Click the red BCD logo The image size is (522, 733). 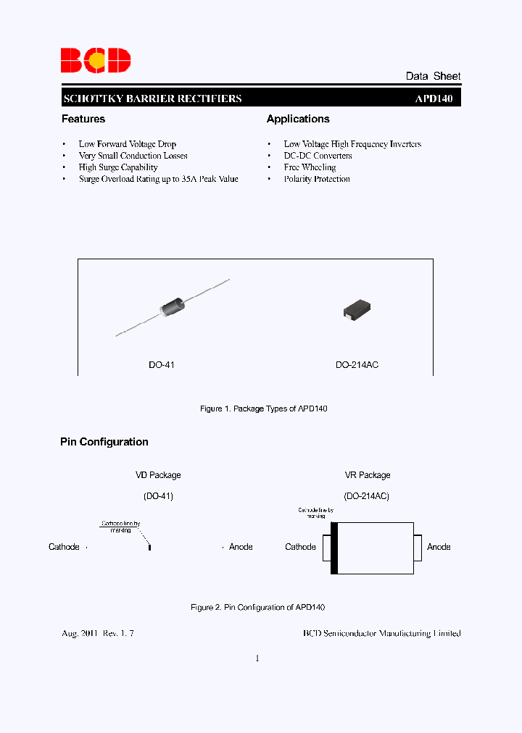95,60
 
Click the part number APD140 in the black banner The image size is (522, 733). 434,99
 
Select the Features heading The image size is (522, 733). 83,119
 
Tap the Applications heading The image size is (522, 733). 298,119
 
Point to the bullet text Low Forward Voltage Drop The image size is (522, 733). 128,144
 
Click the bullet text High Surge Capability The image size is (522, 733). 118,167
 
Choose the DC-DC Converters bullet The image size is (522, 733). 318,156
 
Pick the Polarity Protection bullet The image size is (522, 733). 317,179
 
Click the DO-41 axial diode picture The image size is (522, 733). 173,307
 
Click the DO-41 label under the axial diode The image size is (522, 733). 161,365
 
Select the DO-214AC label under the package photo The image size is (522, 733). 357,365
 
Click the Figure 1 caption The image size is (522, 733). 264,409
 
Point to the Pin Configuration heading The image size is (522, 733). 104,442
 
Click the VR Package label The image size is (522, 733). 367,475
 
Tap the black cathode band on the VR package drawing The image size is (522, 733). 334,548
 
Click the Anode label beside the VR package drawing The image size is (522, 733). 439,547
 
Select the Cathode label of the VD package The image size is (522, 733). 64,547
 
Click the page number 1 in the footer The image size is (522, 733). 257,658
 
